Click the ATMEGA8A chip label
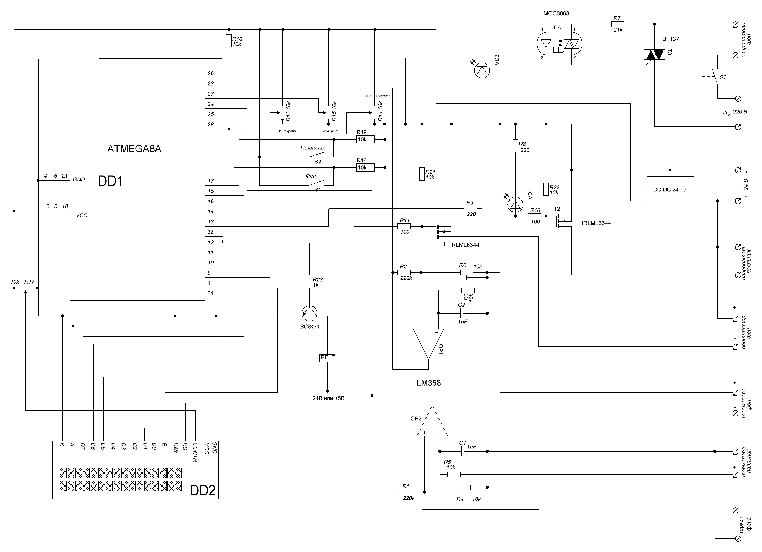click(x=134, y=149)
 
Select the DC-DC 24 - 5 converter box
click(x=670, y=191)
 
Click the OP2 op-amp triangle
click(x=432, y=421)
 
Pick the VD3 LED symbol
click(x=482, y=70)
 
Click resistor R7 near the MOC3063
click(x=617, y=24)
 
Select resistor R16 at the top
click(x=229, y=41)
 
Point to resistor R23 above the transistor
click(x=309, y=282)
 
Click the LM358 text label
click(x=429, y=383)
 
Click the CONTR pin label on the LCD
click(x=195, y=452)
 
